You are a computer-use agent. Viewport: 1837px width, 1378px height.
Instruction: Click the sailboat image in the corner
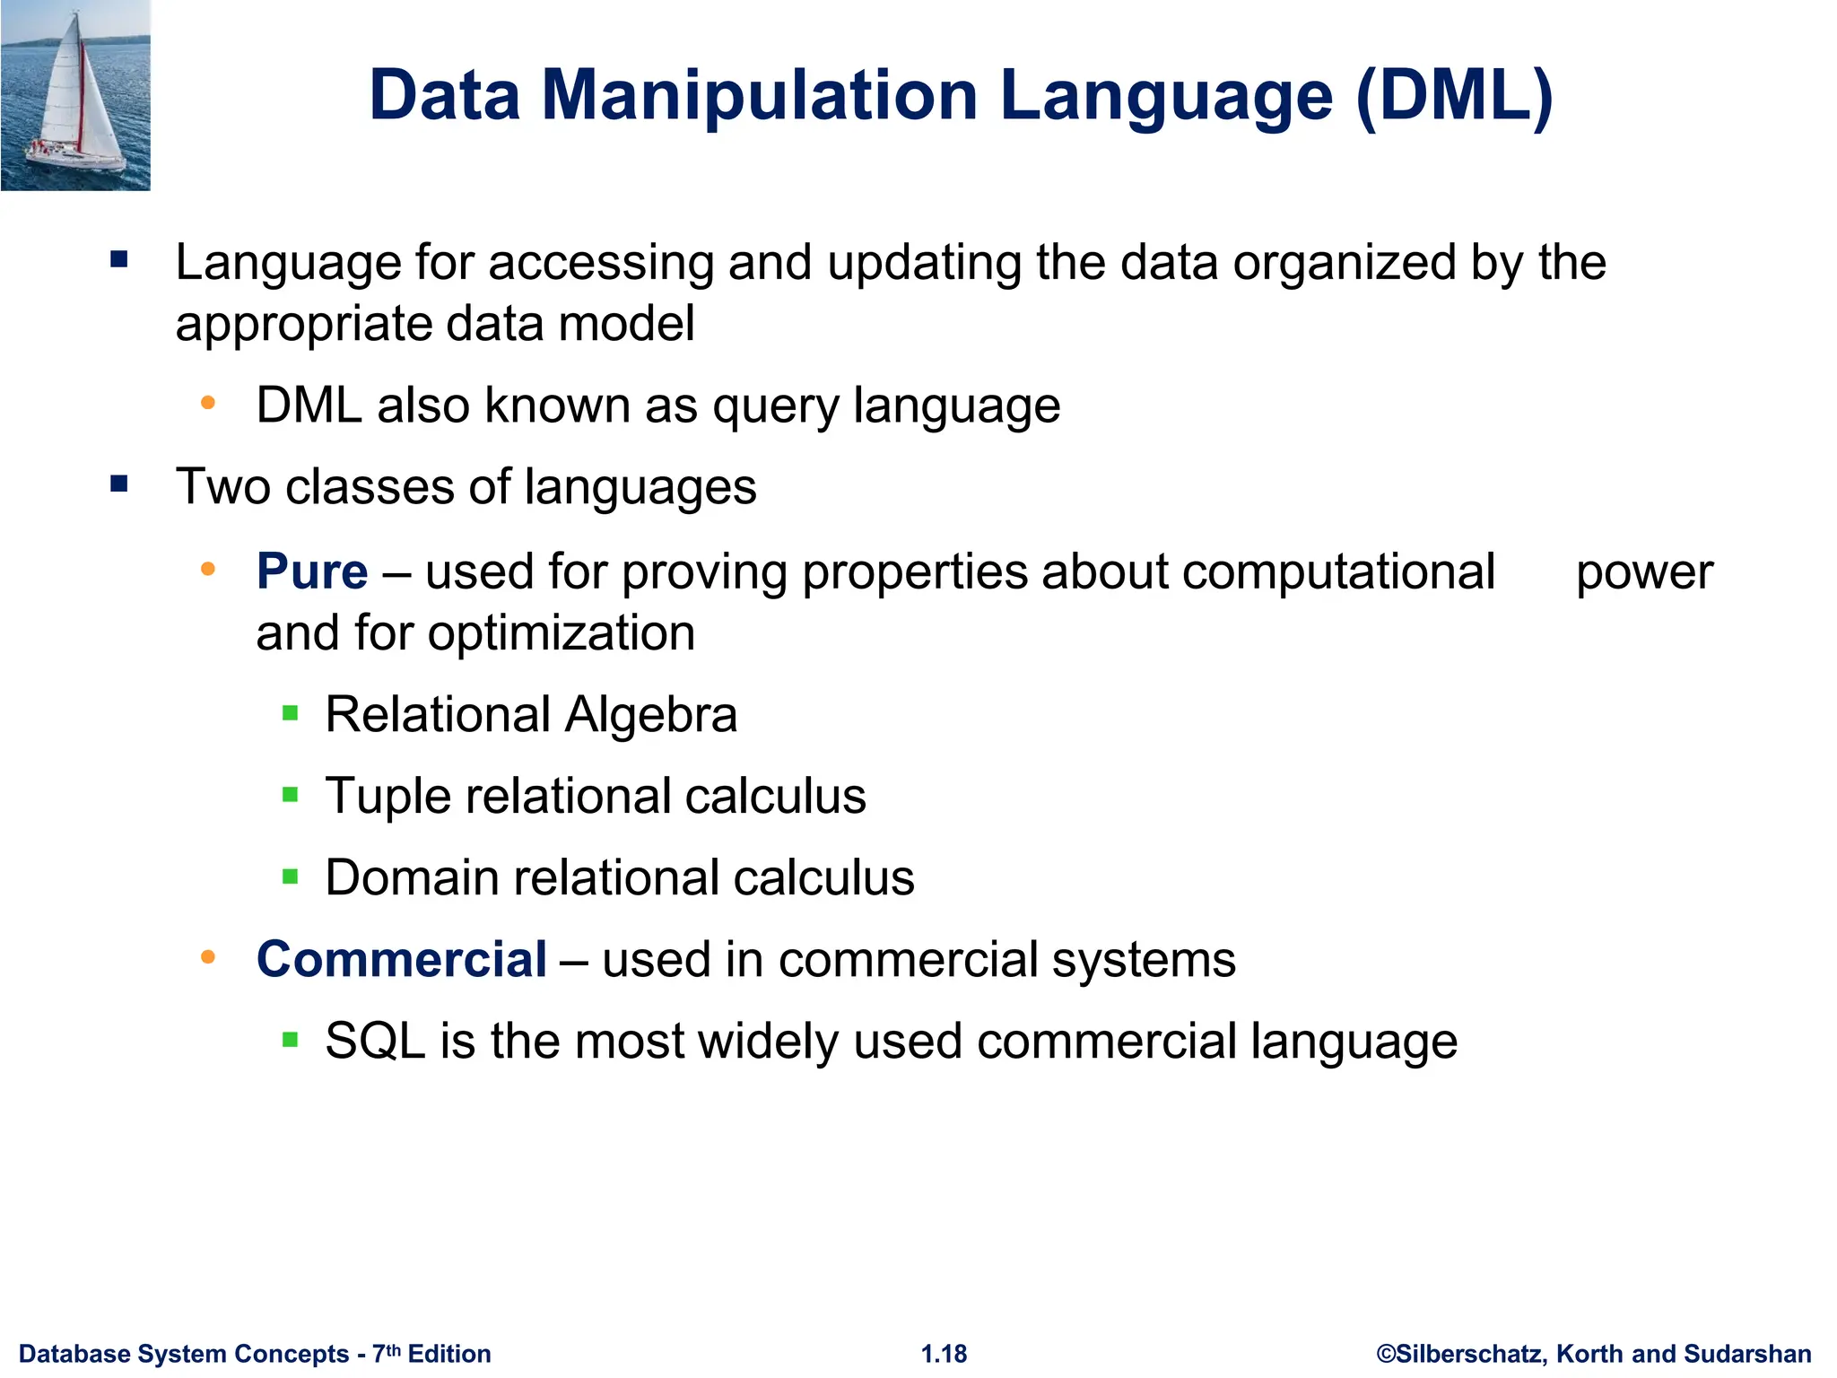tap(75, 95)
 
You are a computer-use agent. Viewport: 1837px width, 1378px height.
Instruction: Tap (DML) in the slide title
tap(1454, 95)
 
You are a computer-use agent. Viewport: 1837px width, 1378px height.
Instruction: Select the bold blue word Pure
tap(312, 571)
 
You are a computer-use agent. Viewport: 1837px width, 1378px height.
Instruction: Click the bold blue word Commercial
tap(402, 959)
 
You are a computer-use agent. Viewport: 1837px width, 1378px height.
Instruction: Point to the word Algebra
tap(651, 715)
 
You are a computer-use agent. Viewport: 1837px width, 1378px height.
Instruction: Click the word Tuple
tap(387, 797)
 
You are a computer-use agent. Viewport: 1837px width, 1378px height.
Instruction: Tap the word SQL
tap(375, 1042)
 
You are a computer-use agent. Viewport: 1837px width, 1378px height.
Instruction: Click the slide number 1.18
tap(944, 1354)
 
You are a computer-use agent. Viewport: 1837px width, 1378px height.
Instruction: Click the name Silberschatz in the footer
tap(1471, 1354)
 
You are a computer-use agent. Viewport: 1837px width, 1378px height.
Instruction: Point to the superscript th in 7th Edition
tap(393, 1348)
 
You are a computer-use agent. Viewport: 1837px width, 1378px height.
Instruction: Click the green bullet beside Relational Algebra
tap(290, 714)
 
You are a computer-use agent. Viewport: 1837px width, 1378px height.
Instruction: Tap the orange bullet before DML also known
tap(208, 404)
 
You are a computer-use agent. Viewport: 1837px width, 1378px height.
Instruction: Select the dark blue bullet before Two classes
tap(119, 485)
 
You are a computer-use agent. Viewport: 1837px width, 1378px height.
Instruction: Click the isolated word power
tap(1644, 572)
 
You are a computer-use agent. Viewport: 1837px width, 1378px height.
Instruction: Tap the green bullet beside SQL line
tap(290, 1041)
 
